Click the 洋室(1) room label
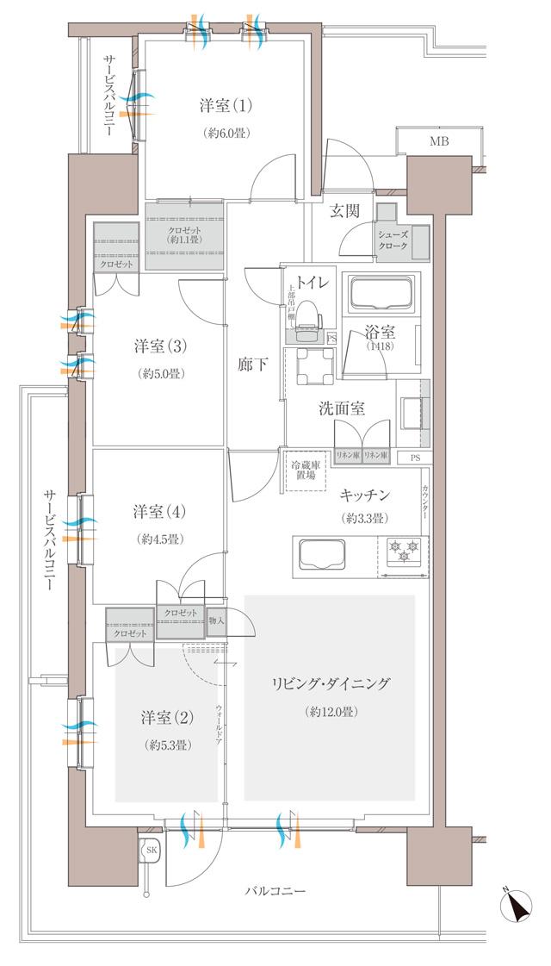(x=226, y=107)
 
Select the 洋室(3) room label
(x=159, y=346)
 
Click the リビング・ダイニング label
(x=331, y=683)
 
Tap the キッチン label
(x=366, y=495)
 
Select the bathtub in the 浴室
(x=380, y=295)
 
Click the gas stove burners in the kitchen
(x=404, y=549)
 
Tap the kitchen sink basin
(x=320, y=552)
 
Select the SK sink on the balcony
(x=150, y=850)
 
